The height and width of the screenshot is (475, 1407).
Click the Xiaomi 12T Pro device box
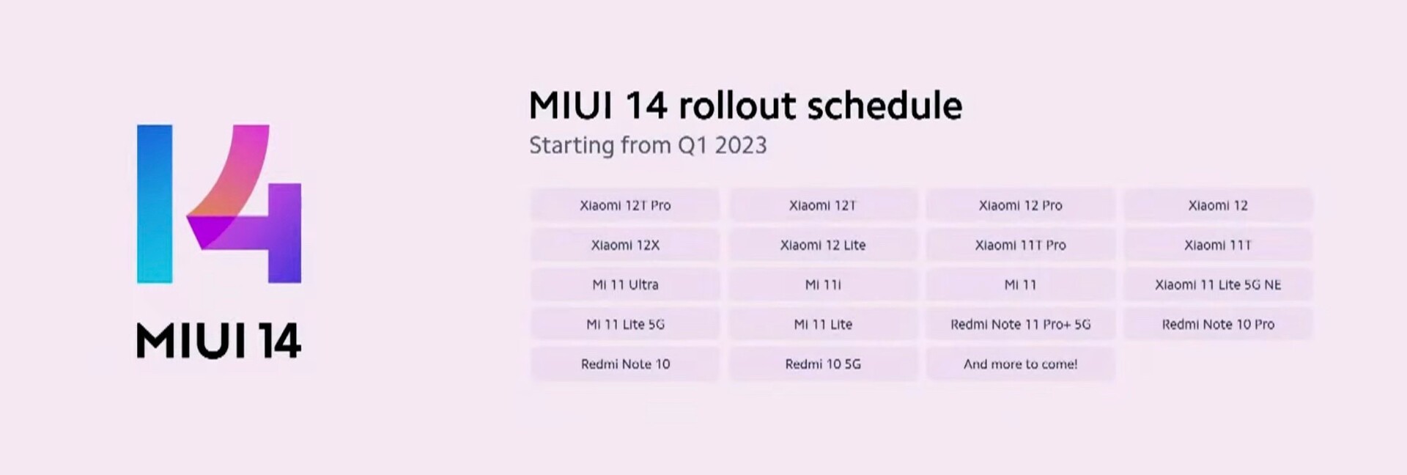click(x=625, y=205)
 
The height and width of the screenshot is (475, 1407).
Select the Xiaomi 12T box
click(x=823, y=205)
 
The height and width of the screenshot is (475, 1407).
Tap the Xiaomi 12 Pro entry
click(x=1020, y=205)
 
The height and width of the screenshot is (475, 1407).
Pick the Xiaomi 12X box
click(x=625, y=245)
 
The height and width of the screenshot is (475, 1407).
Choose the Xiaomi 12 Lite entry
click(x=823, y=245)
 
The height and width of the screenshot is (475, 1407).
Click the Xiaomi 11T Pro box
click(x=1020, y=245)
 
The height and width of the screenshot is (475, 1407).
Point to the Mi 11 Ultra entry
click(x=625, y=284)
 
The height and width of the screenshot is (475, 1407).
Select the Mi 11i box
click(x=823, y=284)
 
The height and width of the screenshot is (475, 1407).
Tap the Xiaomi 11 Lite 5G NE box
click(x=1218, y=284)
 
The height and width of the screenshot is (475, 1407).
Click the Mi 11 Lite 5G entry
click(x=625, y=324)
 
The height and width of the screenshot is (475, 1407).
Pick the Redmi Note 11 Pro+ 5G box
click(x=1020, y=324)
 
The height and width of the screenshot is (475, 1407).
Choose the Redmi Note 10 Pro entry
click(x=1218, y=324)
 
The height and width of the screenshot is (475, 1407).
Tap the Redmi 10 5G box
click(x=823, y=364)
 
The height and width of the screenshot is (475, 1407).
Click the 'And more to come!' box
click(x=1020, y=364)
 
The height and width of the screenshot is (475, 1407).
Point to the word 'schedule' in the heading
click(x=885, y=106)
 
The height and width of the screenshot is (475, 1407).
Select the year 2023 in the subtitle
click(x=741, y=145)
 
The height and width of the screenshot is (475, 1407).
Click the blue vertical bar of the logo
click(x=155, y=204)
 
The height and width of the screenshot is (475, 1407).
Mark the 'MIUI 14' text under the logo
click(x=218, y=341)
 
